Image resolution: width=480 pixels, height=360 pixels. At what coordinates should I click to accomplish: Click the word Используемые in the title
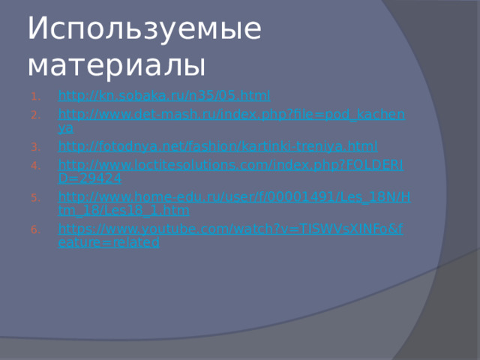(144, 30)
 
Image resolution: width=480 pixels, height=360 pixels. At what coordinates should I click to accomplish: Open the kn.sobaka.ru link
(164, 96)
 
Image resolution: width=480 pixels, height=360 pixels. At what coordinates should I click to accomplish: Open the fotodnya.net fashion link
(217, 145)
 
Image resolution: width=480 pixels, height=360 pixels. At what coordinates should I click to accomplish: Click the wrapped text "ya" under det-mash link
(65, 128)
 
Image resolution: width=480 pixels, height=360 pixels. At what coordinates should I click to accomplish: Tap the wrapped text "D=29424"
(90, 178)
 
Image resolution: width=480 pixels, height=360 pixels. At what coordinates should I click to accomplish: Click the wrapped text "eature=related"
(109, 243)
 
